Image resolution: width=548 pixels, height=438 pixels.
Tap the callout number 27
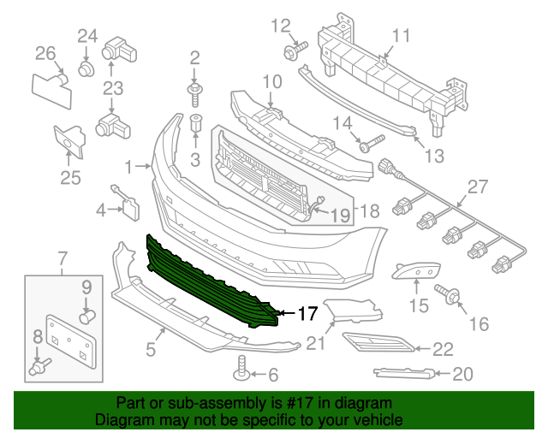[x=476, y=187]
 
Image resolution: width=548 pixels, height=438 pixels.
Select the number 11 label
[x=402, y=35]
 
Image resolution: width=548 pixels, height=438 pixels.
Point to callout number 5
[x=151, y=349]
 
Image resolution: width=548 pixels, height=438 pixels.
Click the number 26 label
[x=45, y=54]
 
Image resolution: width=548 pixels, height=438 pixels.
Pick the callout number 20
[x=462, y=373]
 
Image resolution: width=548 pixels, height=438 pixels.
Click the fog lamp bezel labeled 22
[x=377, y=345]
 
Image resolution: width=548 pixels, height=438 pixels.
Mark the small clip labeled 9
[x=86, y=317]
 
